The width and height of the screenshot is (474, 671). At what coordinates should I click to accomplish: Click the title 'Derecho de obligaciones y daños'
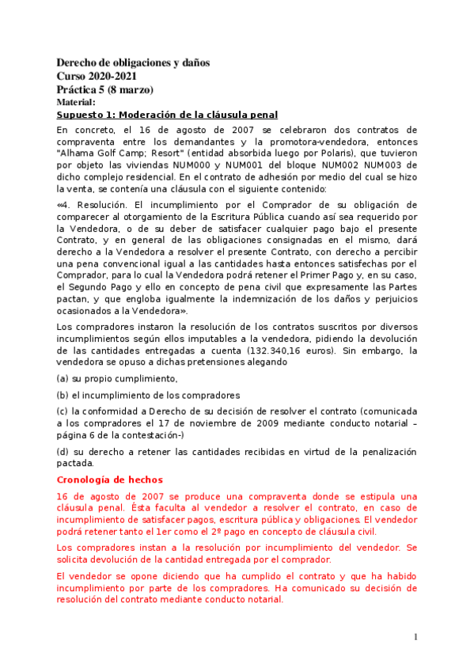133,63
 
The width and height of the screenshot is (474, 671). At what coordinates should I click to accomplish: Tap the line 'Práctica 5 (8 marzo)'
104,89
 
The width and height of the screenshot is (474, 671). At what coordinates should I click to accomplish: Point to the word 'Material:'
76,102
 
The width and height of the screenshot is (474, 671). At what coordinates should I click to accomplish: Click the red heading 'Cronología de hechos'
110,480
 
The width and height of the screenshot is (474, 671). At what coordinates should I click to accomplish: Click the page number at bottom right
415,637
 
